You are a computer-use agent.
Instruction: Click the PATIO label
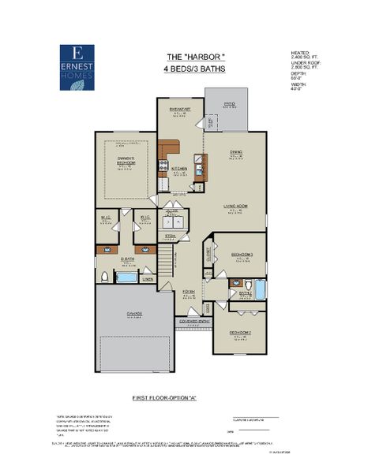[230, 104]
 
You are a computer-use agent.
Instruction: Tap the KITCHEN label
[179, 169]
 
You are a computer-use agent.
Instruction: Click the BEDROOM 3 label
[242, 255]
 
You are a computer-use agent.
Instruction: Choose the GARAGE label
[134, 314]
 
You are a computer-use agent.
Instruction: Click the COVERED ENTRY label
[193, 322]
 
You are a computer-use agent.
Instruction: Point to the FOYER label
[189, 292]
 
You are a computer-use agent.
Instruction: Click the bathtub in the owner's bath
[126, 277]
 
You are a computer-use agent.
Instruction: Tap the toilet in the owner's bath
[104, 276]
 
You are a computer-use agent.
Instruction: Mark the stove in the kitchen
[163, 167]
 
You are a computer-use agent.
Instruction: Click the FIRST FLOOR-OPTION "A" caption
[163, 399]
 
